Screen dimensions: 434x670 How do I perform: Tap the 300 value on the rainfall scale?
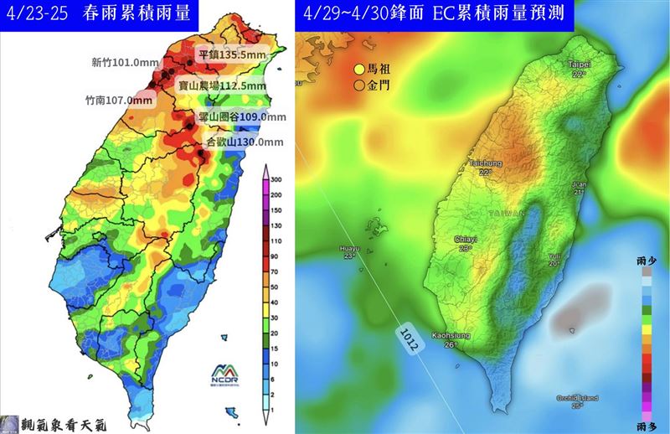point(275,180)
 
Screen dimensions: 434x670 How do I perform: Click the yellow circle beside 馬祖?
point(358,70)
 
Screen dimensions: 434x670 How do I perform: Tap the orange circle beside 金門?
point(358,85)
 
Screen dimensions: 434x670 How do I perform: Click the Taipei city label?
point(579,65)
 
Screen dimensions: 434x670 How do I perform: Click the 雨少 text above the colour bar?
point(647,262)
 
